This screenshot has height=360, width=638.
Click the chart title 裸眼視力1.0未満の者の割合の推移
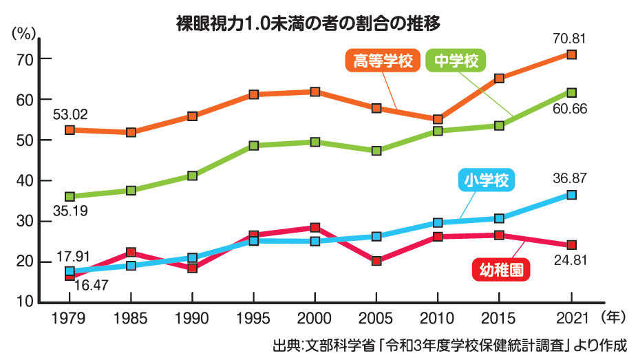[308, 22]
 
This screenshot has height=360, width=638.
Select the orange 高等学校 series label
[383, 61]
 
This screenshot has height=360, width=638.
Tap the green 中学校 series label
[457, 61]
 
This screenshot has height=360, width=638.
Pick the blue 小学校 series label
[485, 181]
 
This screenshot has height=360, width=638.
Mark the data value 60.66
[569, 109]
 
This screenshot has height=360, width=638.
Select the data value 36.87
[569, 178]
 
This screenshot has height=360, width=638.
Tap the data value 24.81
[569, 262]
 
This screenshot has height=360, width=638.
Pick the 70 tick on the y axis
[25, 59]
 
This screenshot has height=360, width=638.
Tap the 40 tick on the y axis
[25, 180]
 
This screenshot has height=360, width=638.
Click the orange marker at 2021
[571, 54]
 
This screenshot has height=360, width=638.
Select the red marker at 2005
[376, 261]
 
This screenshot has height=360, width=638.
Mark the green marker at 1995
[254, 146]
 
